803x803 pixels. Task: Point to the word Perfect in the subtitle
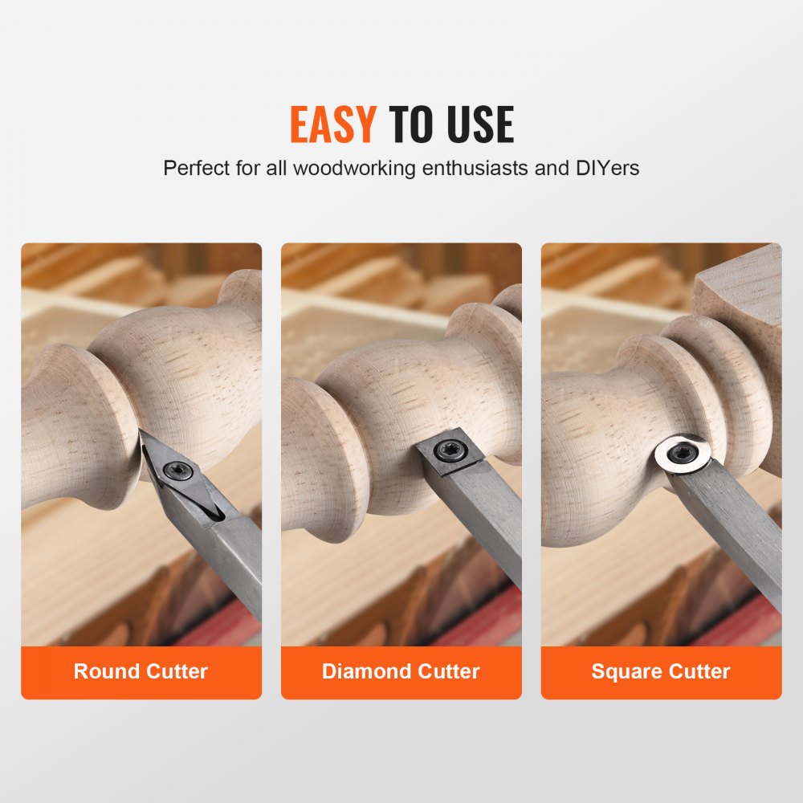tap(197, 169)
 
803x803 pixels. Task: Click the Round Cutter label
tap(141, 671)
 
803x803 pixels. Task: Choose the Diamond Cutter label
tap(401, 671)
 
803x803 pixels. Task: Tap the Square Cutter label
tap(661, 671)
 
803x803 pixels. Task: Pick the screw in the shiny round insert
tap(683, 453)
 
